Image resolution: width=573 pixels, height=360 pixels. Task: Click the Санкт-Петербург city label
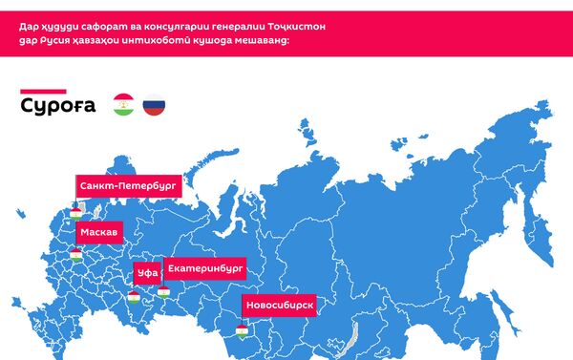[x=129, y=187]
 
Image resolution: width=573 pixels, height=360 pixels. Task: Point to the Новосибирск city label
[x=279, y=306]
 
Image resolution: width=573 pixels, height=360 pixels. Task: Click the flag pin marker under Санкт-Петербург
[x=75, y=213]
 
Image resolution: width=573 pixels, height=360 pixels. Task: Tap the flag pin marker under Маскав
[x=75, y=254]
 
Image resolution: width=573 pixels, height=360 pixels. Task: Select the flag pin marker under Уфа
[x=134, y=296]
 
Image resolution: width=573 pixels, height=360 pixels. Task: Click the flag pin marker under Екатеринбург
[x=164, y=291]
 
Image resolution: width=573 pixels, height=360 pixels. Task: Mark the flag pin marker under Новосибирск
[x=242, y=330]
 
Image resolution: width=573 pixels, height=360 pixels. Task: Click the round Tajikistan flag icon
[x=123, y=105]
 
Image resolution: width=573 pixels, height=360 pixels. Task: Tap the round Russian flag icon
[x=154, y=105]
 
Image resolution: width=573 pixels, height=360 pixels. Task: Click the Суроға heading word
[x=58, y=106]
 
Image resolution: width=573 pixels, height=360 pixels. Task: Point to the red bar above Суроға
[x=43, y=91]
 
